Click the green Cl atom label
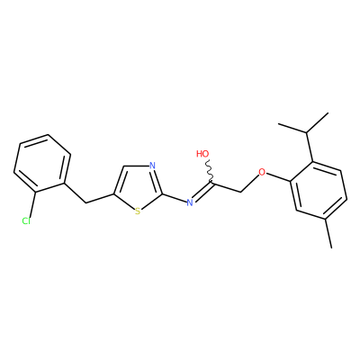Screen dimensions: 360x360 [26, 221]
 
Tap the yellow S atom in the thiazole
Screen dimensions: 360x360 [138, 211]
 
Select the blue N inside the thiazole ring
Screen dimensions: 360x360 [152, 166]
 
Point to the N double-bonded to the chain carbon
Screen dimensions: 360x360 [190, 202]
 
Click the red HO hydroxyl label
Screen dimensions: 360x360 [202, 154]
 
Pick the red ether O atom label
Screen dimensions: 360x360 [262, 173]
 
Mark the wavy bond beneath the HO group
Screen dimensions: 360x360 [210, 172]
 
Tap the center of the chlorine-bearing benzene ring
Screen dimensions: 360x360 [42, 163]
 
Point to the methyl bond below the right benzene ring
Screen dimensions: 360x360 [328, 233]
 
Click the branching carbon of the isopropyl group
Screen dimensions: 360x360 [306, 132]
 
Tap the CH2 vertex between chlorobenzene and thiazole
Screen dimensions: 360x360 [86, 203]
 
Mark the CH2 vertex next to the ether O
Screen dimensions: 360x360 [241, 192]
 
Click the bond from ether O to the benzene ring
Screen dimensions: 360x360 [279, 177]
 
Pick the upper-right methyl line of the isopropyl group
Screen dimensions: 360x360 [318, 122]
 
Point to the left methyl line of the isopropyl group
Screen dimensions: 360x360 [292, 128]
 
